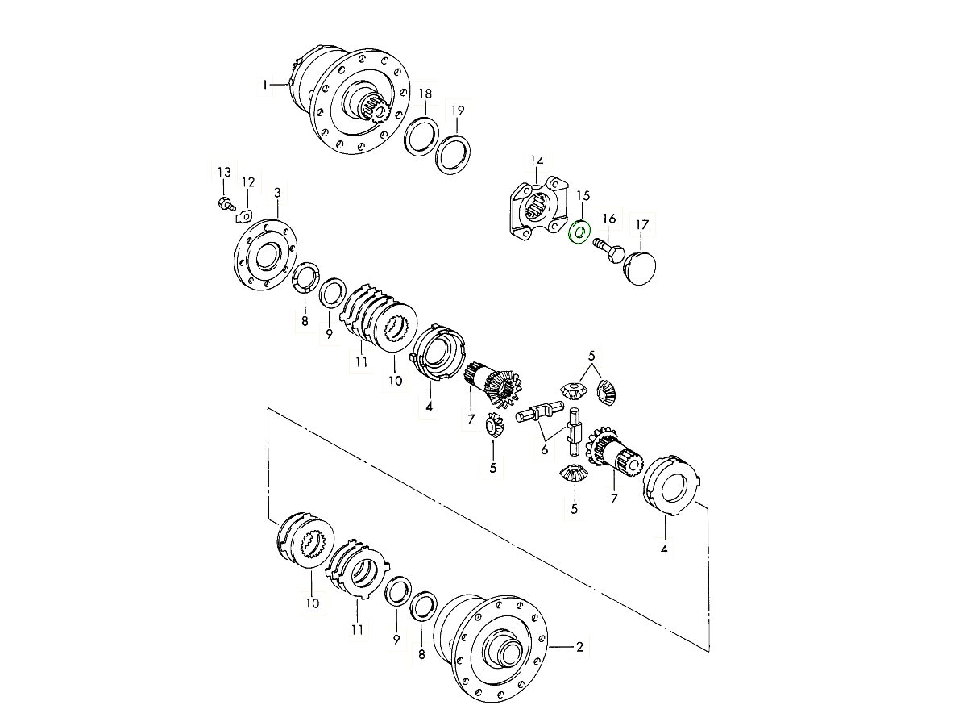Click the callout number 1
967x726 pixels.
pos(265,84)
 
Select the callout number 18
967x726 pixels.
pos(425,94)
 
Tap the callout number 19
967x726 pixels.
pos(458,111)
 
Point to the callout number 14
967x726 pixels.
pos(537,161)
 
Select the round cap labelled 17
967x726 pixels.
pos(639,268)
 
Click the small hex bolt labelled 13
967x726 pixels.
pos(226,204)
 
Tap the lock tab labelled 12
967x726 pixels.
pos(244,216)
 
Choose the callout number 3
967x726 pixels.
pos(276,193)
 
